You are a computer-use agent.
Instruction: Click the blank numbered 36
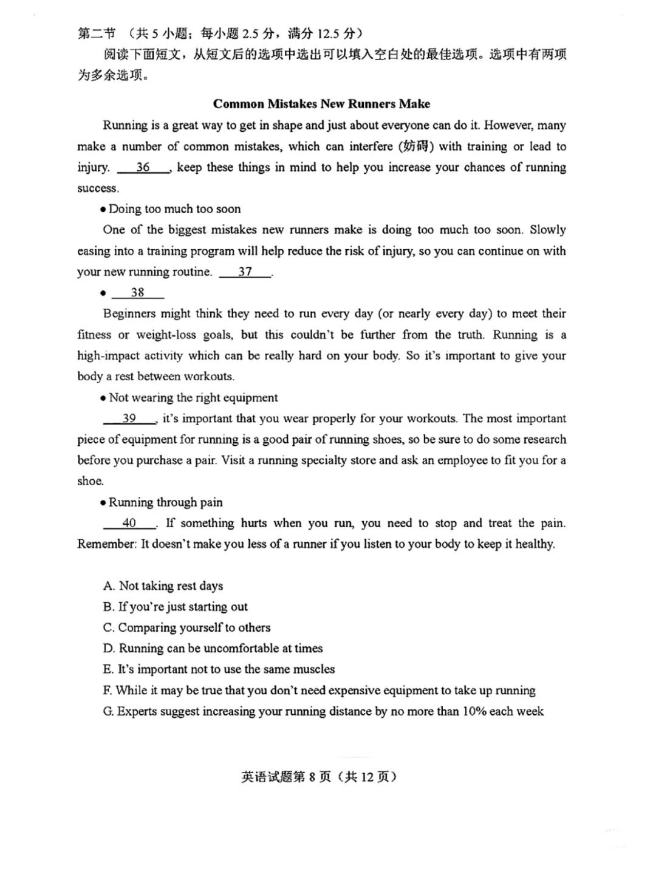[x=143, y=168]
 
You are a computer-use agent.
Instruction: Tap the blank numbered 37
[x=245, y=272]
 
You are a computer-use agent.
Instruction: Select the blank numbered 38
[x=138, y=293]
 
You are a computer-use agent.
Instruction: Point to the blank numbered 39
[x=129, y=418]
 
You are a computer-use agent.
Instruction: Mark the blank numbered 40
[x=129, y=523]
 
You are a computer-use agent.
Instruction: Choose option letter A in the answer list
[x=109, y=586]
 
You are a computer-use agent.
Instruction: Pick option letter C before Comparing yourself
[x=109, y=627]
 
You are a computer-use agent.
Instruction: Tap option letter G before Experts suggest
[x=109, y=711]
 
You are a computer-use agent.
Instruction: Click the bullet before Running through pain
[x=103, y=503]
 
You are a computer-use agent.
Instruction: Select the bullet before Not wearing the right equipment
[x=103, y=398]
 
